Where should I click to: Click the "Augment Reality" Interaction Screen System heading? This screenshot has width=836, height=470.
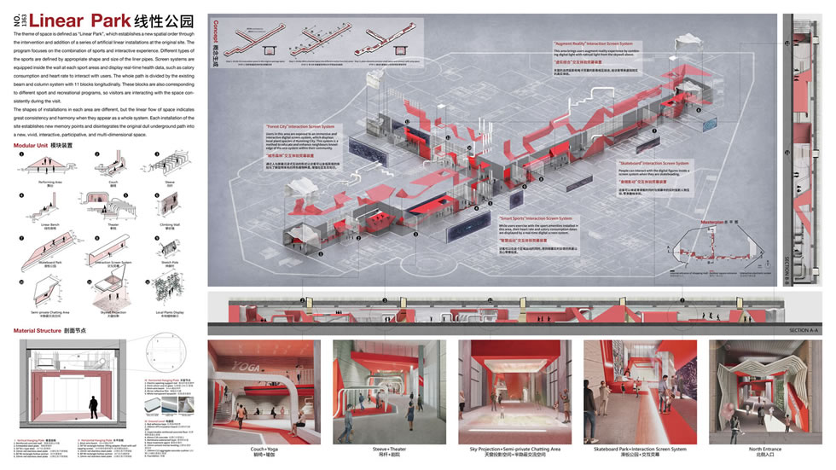(569, 44)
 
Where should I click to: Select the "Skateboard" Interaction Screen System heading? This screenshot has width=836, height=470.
(653, 161)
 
